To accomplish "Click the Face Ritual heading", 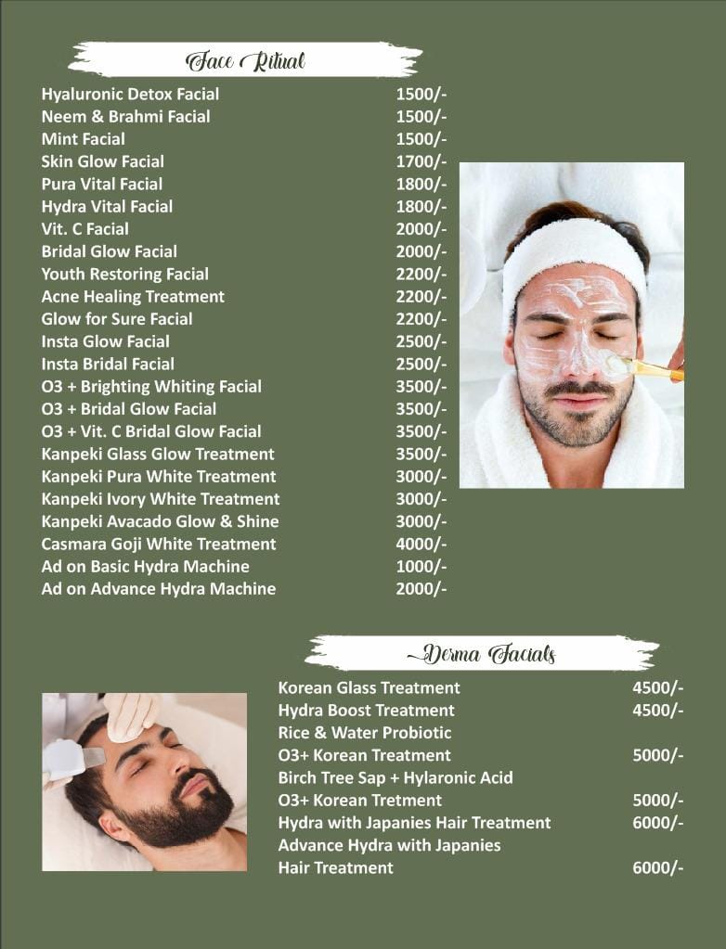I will [245, 61].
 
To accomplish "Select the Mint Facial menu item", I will [83, 139].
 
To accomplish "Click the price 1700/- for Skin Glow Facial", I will [421, 161].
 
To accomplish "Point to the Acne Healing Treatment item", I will [133, 297].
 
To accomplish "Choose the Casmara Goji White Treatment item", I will [158, 544].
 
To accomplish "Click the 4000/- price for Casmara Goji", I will [421, 544].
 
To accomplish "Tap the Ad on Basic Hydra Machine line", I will [145, 566].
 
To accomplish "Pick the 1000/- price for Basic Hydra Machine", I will [421, 566].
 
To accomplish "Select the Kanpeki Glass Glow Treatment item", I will [158, 454].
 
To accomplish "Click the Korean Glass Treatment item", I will [369, 687].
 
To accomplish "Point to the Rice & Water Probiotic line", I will [365, 733].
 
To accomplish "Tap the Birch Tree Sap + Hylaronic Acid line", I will [395, 777].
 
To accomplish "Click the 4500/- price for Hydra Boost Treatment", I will [657, 711].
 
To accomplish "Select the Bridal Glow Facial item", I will [109, 251].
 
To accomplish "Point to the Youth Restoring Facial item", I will [124, 274].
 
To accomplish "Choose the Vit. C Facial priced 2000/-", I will [84, 229].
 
